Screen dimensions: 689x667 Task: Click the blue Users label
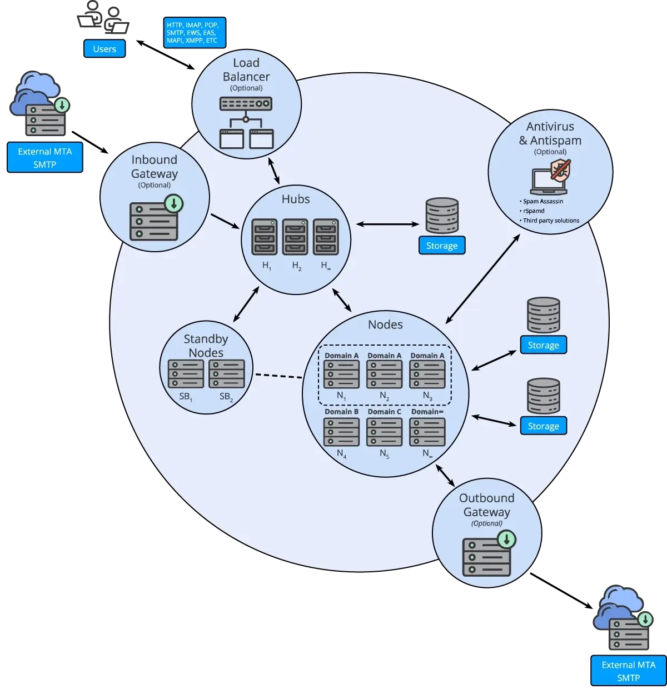104,49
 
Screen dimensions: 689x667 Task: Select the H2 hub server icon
295,237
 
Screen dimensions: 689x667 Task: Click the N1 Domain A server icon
341,374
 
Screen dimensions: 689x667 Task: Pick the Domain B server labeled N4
341,431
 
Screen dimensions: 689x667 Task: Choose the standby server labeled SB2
227,374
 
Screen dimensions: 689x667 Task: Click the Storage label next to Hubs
441,246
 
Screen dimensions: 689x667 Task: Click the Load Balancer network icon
246,123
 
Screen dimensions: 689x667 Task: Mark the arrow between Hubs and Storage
387,224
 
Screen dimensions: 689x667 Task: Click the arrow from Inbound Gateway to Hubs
225,221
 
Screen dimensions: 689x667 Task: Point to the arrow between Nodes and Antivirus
482,278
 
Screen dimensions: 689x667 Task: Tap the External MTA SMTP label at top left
44,158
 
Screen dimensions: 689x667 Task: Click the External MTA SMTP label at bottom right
628,671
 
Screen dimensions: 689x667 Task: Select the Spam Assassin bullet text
542,201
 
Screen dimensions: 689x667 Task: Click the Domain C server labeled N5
384,431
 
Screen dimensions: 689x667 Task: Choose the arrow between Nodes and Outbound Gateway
445,476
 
